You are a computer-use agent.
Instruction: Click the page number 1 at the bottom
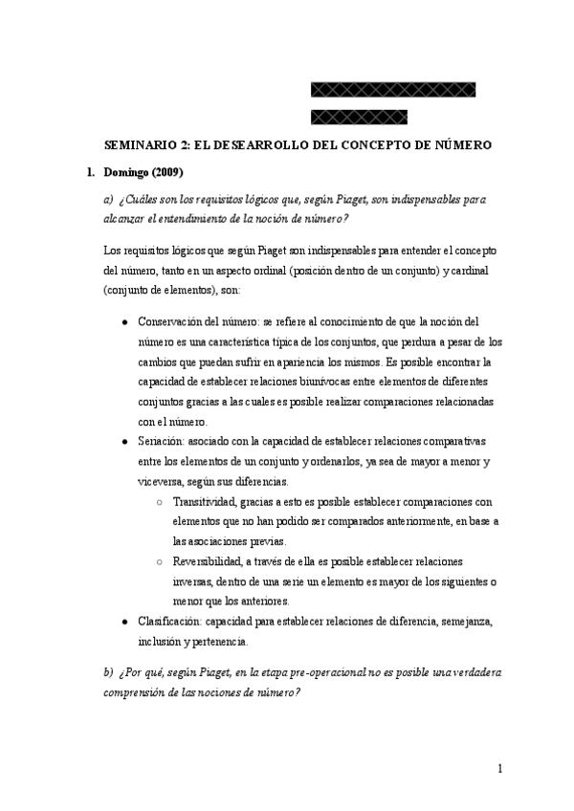[500, 769]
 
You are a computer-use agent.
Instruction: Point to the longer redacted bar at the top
[393, 90]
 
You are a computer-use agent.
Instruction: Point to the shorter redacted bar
[359, 118]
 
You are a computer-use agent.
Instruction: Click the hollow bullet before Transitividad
[158, 501]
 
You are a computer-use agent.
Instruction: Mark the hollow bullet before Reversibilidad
[158, 561]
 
